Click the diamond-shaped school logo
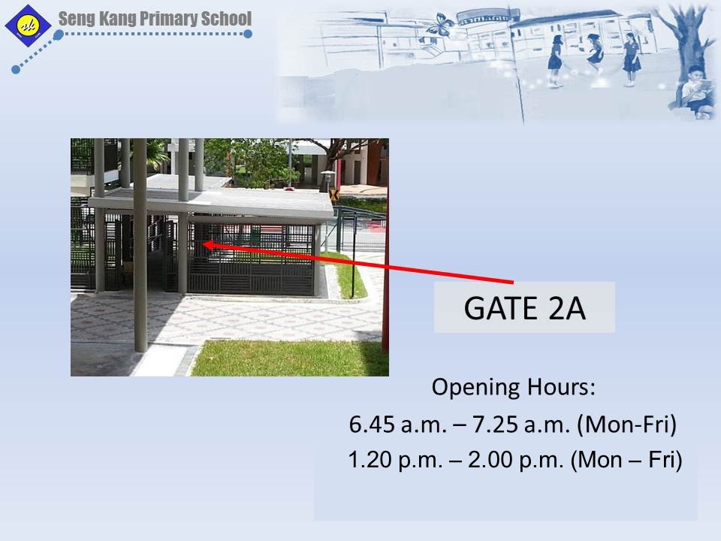[x=28, y=26]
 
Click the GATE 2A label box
[x=524, y=307]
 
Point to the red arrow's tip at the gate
[x=203, y=244]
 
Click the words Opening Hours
[x=513, y=387]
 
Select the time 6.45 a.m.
[x=398, y=424]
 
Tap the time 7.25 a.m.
[x=521, y=424]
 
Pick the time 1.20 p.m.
[x=396, y=460]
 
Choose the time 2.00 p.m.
[x=516, y=460]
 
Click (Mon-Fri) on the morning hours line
[x=626, y=424]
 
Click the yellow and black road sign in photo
[x=334, y=195]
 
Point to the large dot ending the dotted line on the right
[x=247, y=34]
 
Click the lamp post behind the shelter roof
[x=327, y=181]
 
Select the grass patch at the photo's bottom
[x=290, y=358]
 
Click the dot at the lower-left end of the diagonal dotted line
[x=16, y=69]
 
